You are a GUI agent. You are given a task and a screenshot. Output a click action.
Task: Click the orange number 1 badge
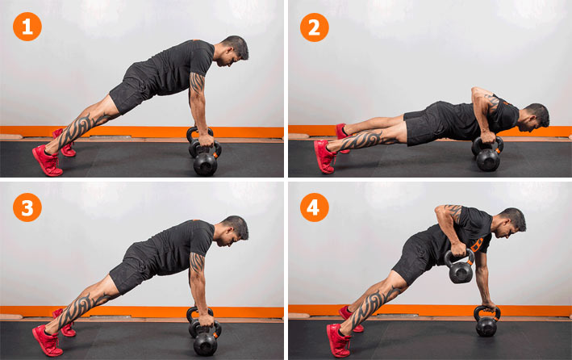pos(27,27)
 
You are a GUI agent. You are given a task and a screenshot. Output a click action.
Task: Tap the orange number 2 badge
pos(315,27)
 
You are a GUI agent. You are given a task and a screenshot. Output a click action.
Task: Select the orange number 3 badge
pos(27,207)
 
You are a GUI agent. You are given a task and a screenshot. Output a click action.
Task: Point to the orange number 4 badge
pos(315,207)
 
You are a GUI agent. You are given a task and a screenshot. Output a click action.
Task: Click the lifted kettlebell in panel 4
pos(460,267)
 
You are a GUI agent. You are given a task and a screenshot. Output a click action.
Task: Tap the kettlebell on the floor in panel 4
pos(486,322)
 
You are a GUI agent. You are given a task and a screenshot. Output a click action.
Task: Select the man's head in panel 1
pos(232,50)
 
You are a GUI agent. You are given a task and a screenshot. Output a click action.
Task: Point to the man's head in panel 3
pos(232,231)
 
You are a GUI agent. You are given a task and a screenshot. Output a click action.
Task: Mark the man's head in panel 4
pos(510,223)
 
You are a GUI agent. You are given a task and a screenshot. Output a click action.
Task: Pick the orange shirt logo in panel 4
pos(477,245)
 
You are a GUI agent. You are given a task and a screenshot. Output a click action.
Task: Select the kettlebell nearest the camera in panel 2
pos(488,155)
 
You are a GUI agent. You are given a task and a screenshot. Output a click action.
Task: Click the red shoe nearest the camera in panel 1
pos(48,161)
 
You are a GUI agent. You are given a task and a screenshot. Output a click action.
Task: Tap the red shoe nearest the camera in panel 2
pos(324,157)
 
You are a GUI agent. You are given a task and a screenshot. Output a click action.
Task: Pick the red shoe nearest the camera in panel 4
pos(338,341)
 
